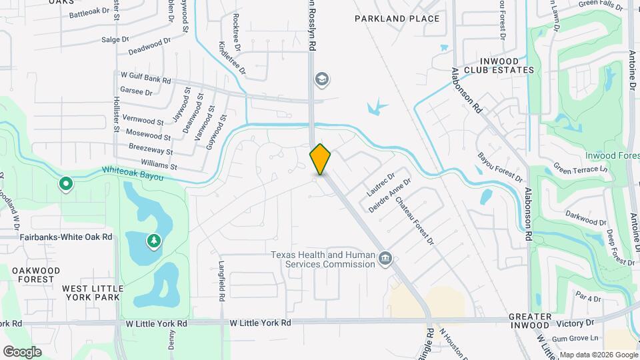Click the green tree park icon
[154, 240]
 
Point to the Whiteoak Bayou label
[133, 171]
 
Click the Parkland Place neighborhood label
[397, 19]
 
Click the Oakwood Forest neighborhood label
[36, 275]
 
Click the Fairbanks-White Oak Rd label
[66, 237]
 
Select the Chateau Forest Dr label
[415, 220]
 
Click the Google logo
[22, 351]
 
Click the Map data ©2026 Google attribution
[598, 355]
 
